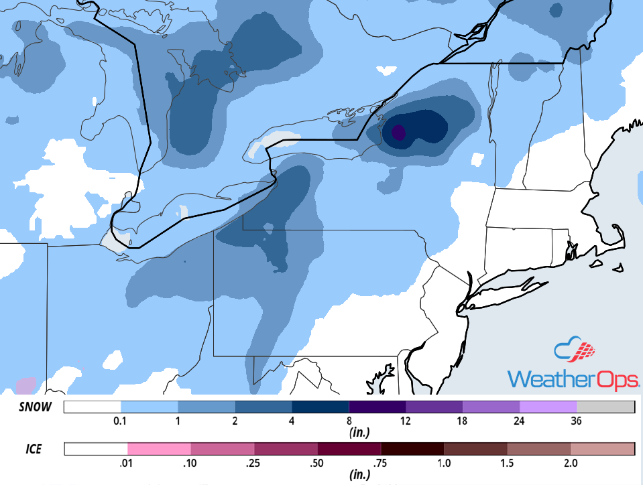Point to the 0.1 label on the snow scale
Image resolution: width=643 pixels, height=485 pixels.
[121, 421]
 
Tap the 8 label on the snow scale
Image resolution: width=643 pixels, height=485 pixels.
[349, 421]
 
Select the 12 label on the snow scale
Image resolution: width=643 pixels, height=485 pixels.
[406, 421]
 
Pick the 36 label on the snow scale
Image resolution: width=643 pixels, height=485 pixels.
[577, 421]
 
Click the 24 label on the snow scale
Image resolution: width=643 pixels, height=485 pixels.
[520, 421]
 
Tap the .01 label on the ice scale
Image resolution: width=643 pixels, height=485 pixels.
[127, 463]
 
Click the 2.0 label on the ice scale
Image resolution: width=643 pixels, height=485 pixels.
[571, 463]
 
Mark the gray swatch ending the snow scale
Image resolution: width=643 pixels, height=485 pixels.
[605, 407]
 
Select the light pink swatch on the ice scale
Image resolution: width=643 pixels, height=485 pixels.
[159, 448]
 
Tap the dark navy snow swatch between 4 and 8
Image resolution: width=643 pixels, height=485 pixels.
[320, 407]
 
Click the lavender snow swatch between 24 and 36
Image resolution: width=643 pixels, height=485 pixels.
[548, 407]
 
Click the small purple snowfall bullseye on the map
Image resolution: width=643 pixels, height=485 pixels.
[398, 132]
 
